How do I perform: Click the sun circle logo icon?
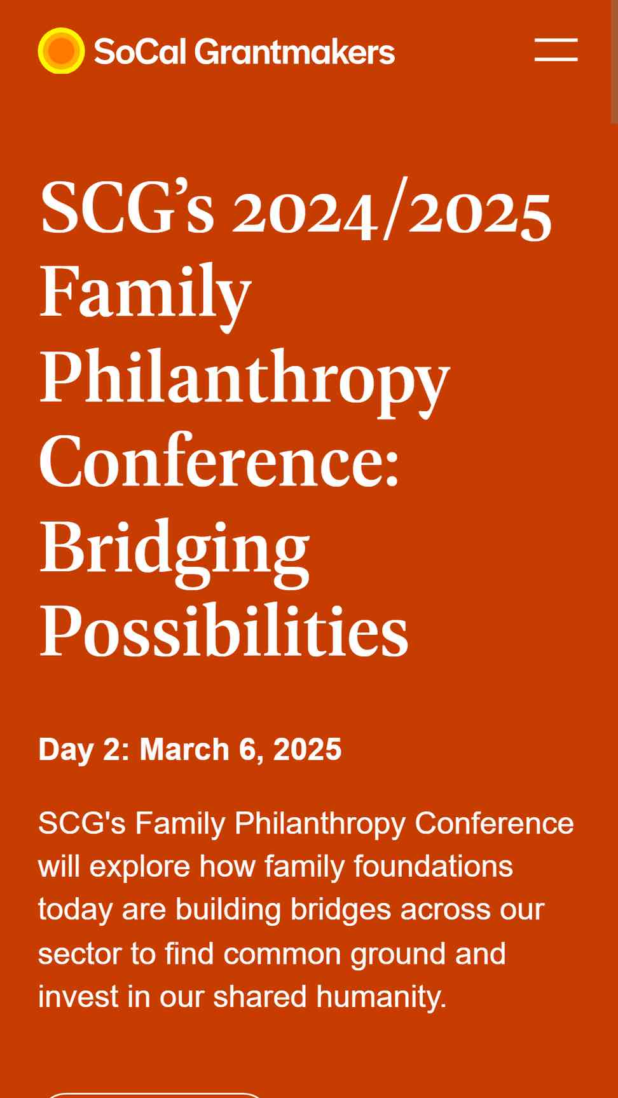[61, 51]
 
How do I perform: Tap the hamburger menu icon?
[556, 50]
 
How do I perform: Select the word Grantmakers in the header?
[294, 51]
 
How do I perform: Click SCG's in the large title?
[127, 208]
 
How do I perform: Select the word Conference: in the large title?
[219, 461]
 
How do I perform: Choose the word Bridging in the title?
[175, 550]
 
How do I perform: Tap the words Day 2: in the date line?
[84, 750]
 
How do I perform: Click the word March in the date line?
[184, 749]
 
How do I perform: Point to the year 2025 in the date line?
[307, 749]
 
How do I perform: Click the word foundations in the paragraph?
[433, 866]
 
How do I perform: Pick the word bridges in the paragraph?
[341, 910]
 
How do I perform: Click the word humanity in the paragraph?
[381, 997]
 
